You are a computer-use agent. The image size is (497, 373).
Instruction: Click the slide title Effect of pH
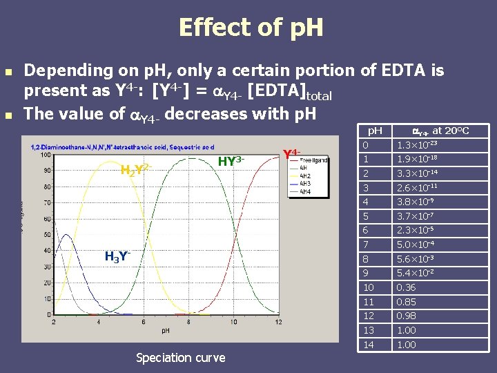[250, 28]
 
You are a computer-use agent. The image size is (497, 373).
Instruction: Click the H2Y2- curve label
[135, 169]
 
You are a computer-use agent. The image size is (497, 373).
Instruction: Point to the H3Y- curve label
[118, 257]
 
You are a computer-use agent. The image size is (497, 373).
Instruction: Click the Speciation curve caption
[181, 357]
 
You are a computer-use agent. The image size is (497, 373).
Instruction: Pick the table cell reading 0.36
[406, 287]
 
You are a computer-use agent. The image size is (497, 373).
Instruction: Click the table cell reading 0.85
[406, 302]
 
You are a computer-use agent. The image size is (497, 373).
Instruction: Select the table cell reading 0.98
[406, 316]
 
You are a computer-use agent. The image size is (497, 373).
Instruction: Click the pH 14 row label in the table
[369, 344]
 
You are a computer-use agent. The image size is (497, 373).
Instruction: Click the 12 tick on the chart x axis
[277, 322]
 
